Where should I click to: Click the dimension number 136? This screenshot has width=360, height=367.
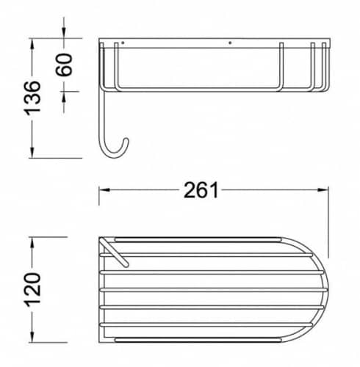tap(32, 98)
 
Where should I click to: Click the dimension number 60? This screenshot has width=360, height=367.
tap(64, 65)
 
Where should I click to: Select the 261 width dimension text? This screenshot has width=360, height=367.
tap(201, 190)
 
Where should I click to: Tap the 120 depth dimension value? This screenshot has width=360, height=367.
tap(32, 289)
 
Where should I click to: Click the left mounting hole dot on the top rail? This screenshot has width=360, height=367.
tap(123, 43)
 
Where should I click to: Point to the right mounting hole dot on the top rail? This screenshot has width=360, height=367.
tap(230, 43)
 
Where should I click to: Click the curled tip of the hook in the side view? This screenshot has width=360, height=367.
tap(126, 141)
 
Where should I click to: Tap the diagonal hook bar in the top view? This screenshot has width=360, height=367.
tap(115, 252)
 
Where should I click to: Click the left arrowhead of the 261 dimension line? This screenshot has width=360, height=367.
tap(104, 190)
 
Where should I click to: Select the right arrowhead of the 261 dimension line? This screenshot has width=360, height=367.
tap(323, 190)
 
